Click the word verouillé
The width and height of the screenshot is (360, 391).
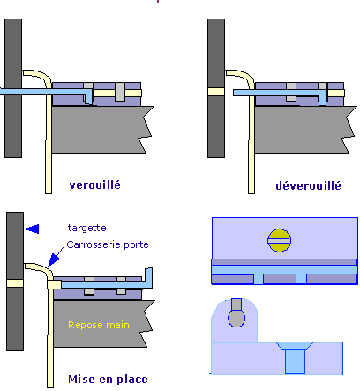pyautogui.click(x=94, y=185)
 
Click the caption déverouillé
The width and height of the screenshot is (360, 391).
pyautogui.click(x=306, y=185)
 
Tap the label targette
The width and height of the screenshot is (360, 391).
pyautogui.click(x=85, y=228)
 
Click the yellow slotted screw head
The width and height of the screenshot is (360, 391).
pyautogui.click(x=279, y=239)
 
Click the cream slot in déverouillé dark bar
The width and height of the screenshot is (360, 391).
pyautogui.click(x=215, y=91)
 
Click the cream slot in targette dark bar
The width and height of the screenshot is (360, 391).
pyautogui.click(x=13, y=283)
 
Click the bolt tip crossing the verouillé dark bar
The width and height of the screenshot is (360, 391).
pyautogui.click(x=12, y=91)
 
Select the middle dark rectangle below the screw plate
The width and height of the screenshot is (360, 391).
pyautogui.click(x=280, y=279)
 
